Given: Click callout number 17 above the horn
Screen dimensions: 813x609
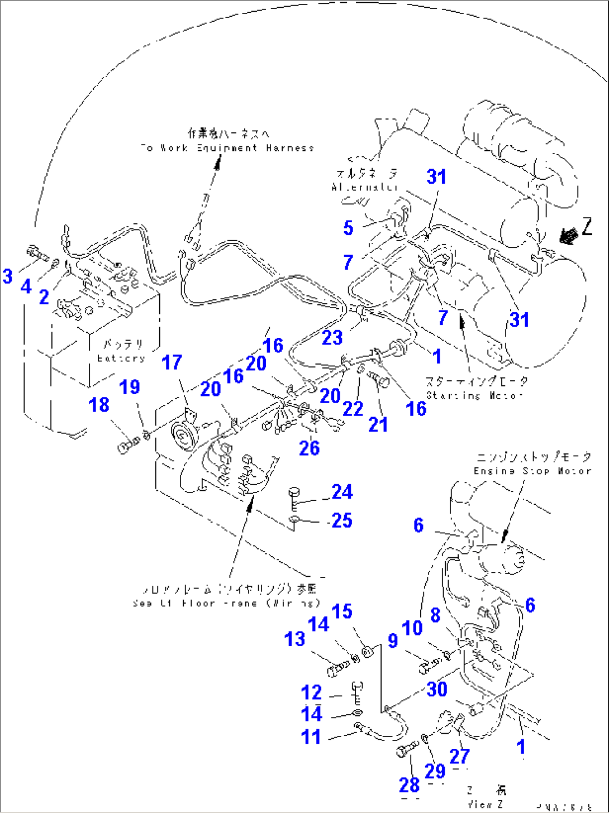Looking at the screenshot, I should [172, 362].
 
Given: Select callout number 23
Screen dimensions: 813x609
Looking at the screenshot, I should [332, 338].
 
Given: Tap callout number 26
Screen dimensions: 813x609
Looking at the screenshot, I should [309, 448].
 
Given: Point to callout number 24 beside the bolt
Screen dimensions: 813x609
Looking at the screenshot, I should [342, 492].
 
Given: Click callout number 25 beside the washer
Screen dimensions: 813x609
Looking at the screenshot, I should [342, 520].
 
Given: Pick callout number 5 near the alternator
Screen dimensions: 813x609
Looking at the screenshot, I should [348, 228].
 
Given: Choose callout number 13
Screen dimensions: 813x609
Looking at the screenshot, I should [294, 639].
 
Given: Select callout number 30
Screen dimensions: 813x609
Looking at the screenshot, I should [437, 689].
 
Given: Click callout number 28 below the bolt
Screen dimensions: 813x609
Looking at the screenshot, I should [409, 785].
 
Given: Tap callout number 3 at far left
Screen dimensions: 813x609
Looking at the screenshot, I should [7, 276].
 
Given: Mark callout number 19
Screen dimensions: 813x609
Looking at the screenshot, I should [130, 387].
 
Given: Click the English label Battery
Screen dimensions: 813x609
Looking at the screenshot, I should [121, 358].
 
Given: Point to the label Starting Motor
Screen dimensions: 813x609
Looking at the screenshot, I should [474, 395].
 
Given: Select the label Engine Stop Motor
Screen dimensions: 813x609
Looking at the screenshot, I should [532, 471].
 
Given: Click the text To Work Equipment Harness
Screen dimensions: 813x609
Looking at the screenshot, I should [227, 148].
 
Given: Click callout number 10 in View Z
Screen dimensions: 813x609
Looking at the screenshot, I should [412, 628].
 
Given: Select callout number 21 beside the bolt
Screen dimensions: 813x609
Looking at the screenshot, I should [378, 424].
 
